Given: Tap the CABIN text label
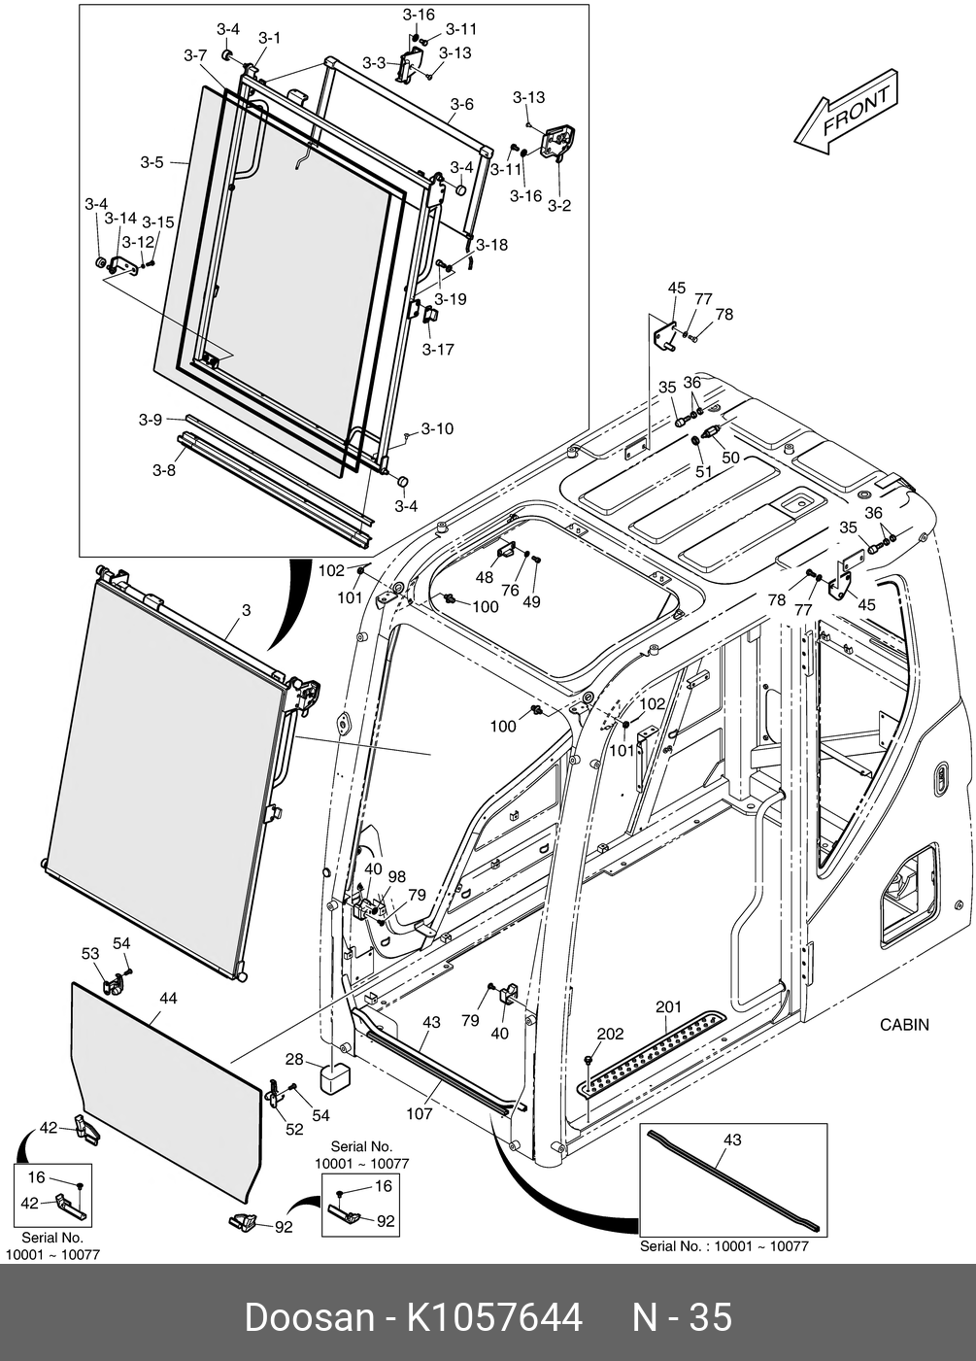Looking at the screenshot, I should pyautogui.click(x=903, y=1024).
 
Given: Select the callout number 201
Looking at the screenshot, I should pyautogui.click(x=668, y=1007).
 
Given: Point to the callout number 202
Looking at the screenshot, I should pyautogui.click(x=610, y=1034).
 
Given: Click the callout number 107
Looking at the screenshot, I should pyautogui.click(x=419, y=1113).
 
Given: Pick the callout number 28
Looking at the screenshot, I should pyautogui.click(x=294, y=1059).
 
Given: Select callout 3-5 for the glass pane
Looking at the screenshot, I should pyautogui.click(x=151, y=162).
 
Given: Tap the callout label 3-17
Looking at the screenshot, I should pyautogui.click(x=438, y=349).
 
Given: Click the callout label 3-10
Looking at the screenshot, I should pyautogui.click(x=437, y=428).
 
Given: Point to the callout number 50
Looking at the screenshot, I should pyautogui.click(x=730, y=457).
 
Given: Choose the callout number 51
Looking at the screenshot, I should pyautogui.click(x=703, y=471).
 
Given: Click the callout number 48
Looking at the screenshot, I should pyautogui.click(x=484, y=578).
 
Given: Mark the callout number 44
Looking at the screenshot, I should pyautogui.click(x=168, y=998).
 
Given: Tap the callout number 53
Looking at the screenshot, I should pyautogui.click(x=90, y=954).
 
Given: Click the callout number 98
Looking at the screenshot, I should pyautogui.click(x=396, y=875).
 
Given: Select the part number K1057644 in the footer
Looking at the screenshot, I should pyautogui.click(x=493, y=1318).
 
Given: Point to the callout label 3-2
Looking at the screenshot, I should pyautogui.click(x=558, y=205).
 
